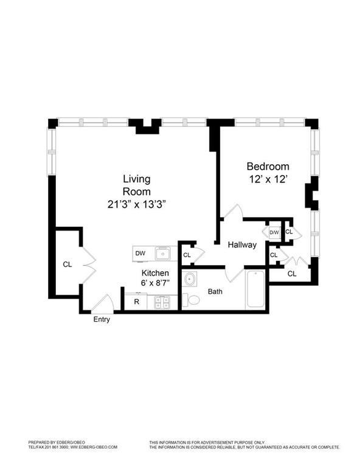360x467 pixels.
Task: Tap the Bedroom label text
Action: [268, 166]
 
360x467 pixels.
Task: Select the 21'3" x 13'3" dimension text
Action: [137, 204]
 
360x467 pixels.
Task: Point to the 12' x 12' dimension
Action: [268, 179]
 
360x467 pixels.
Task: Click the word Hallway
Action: [243, 244]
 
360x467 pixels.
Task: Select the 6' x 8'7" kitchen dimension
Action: [155, 283]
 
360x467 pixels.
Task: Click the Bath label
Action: [215, 291]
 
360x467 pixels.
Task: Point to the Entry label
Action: [102, 320]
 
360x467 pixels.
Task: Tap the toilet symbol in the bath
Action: [193, 299]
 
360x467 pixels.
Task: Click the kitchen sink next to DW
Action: [162, 253]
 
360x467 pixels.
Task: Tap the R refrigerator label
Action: [136, 301]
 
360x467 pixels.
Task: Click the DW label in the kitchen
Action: [140, 253]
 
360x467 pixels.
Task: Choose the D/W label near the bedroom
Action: [274, 232]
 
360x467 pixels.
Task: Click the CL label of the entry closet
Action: [68, 265]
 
